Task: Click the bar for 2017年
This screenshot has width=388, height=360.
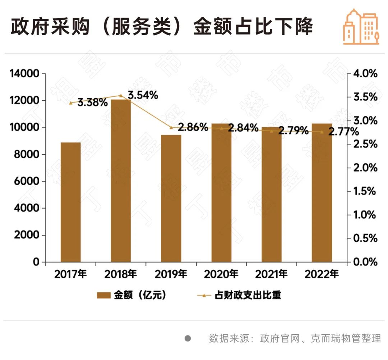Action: coord(70,202)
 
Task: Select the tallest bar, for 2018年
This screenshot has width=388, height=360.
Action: coord(121,181)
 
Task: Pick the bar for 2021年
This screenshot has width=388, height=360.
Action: coord(272,195)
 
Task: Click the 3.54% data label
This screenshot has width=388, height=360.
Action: coord(143,95)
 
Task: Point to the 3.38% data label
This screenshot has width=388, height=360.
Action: coord(93,102)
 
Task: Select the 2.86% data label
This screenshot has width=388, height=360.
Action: coord(193,127)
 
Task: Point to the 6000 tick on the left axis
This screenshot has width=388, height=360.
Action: coord(27,182)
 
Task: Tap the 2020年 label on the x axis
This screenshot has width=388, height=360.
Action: coord(221,274)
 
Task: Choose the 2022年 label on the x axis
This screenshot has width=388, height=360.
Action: coord(322,274)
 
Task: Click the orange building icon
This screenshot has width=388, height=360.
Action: coord(361,27)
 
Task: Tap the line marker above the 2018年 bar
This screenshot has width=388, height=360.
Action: coord(121,96)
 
